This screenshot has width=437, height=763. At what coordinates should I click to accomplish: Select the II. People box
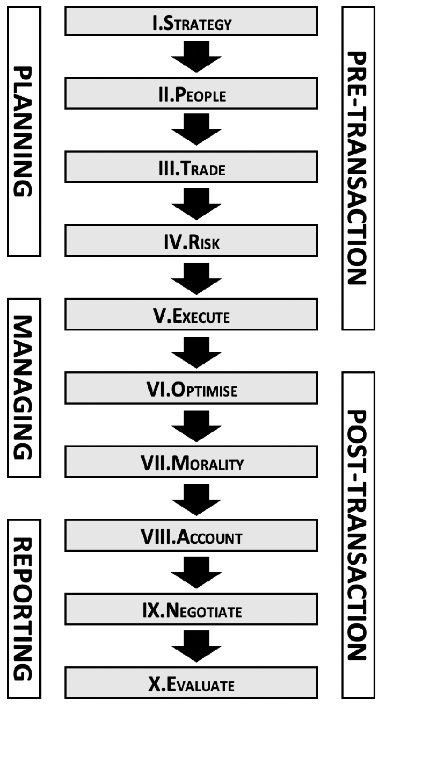tap(191, 94)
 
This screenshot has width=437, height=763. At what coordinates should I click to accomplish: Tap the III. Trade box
tap(191, 168)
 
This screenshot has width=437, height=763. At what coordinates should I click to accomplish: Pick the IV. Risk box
tap(191, 242)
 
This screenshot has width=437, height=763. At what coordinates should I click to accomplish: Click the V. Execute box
tap(191, 315)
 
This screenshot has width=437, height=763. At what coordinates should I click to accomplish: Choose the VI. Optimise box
tap(191, 389)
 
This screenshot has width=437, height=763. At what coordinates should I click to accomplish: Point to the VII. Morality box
tap(191, 463)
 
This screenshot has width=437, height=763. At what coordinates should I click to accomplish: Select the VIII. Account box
tap(191, 536)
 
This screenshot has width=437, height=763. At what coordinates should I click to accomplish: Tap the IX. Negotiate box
tap(191, 610)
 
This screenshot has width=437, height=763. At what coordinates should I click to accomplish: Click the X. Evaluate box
tap(191, 683)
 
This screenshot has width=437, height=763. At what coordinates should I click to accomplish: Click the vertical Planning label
tap(24, 131)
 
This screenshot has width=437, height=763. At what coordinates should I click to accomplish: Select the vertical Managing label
tap(24, 387)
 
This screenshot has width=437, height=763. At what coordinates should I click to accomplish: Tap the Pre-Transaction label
tap(358, 168)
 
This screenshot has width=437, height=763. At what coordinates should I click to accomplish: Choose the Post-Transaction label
tap(358, 535)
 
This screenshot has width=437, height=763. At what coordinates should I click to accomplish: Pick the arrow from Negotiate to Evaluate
tap(196, 646)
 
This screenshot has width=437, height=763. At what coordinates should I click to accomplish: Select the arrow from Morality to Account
tap(196, 499)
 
